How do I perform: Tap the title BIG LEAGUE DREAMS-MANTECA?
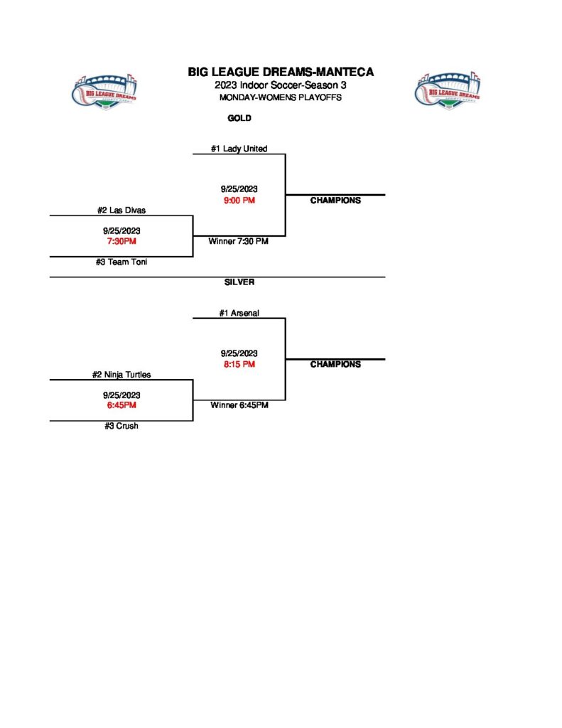[x=281, y=72]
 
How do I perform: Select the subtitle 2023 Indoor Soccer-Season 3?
[x=281, y=85]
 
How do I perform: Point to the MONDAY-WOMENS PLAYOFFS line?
[x=281, y=97]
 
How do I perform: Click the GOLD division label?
[x=239, y=119]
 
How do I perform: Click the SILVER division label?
[x=239, y=282]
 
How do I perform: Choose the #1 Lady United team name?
[x=239, y=149]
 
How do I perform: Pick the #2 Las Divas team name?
[x=121, y=210]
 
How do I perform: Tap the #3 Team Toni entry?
[x=121, y=262]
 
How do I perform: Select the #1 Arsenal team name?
[x=239, y=313]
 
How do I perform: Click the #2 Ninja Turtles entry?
[x=121, y=375]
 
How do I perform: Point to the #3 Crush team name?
[x=121, y=427]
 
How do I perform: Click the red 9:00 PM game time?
[x=239, y=200]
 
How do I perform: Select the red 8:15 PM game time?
[x=239, y=365]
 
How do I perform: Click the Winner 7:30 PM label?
[x=238, y=242]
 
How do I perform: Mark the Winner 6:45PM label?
[x=239, y=406]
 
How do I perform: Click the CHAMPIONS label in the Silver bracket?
[x=335, y=365]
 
